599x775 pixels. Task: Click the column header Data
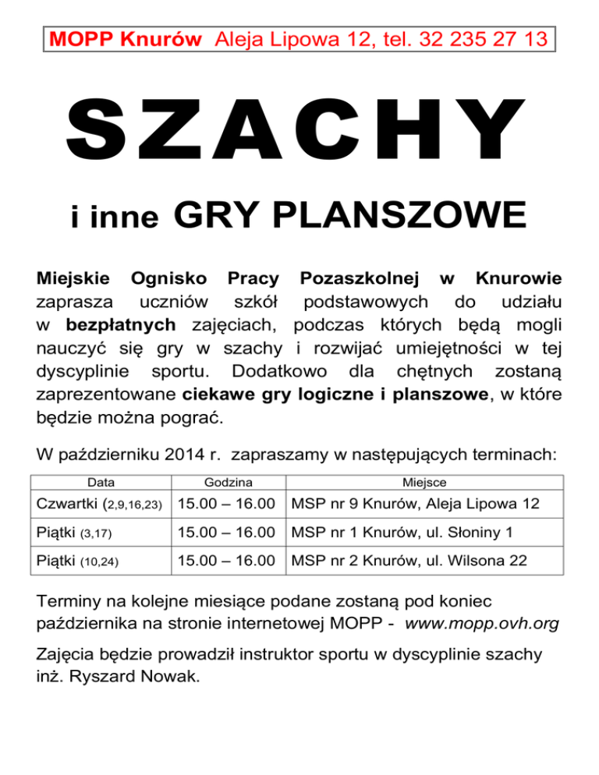point(101,483)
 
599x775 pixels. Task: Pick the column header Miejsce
point(424,483)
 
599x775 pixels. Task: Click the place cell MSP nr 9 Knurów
point(414,504)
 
